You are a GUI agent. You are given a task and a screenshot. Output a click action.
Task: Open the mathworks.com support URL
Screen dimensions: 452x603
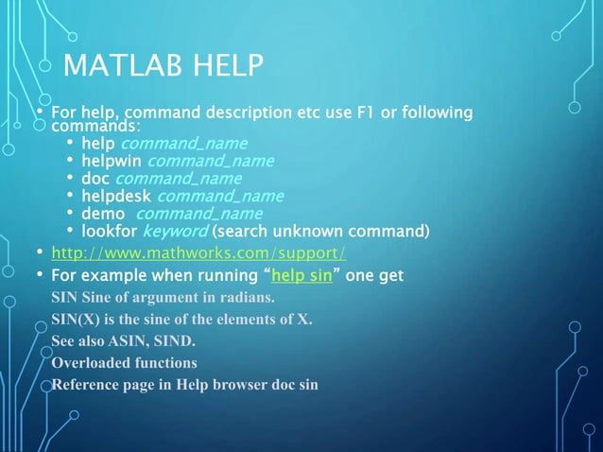(198, 253)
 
